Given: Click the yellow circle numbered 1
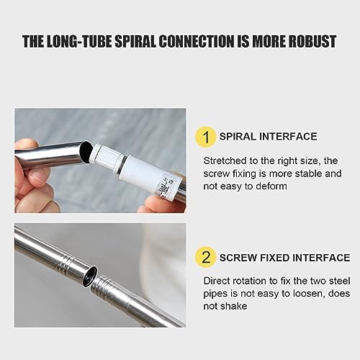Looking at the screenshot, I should point(206,136).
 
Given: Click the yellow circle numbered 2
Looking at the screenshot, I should point(206,258).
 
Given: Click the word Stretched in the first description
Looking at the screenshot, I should point(227,159).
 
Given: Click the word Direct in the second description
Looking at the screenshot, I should point(218,280).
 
